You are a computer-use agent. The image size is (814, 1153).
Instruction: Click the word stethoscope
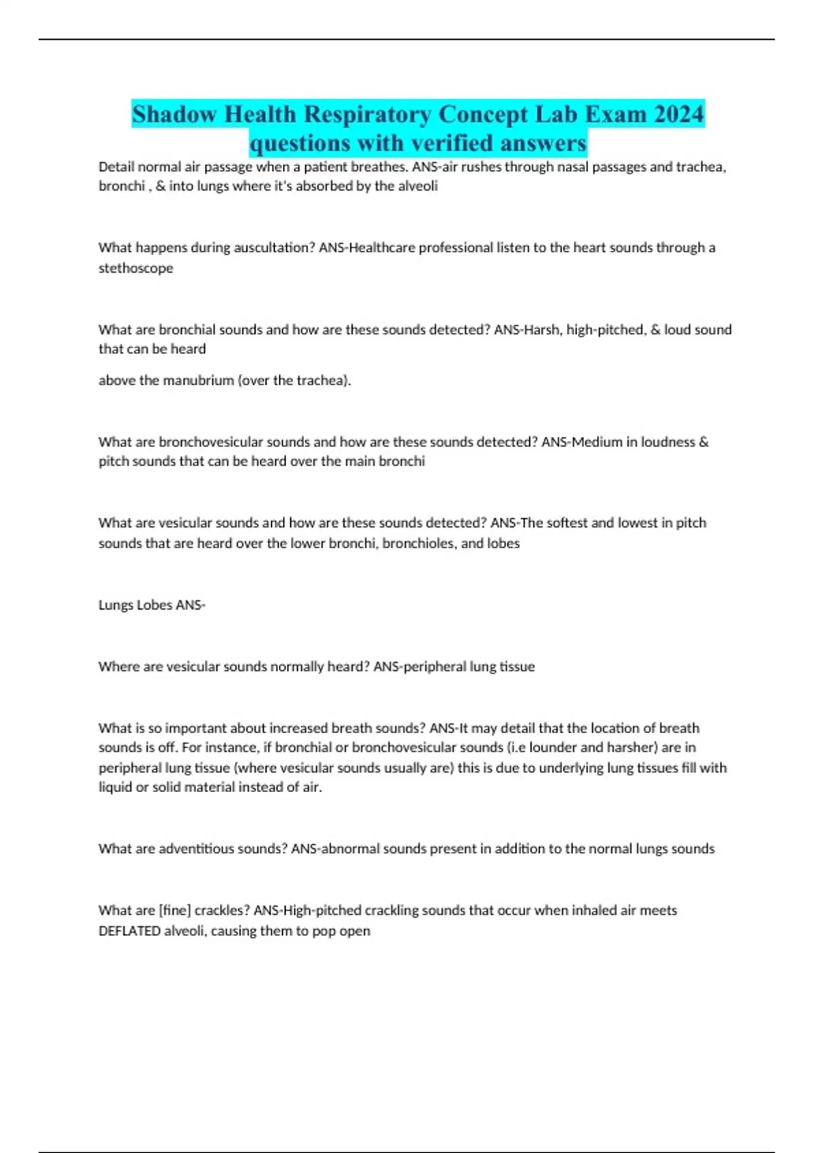(136, 268)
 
